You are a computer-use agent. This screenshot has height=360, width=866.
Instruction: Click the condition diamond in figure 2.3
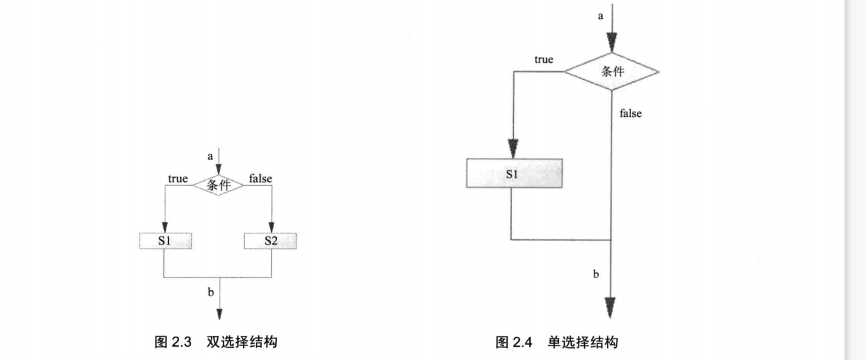click(x=218, y=185)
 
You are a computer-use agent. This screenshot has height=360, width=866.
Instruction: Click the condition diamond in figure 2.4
click(x=612, y=71)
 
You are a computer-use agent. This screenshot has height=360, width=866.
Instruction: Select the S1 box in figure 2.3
click(x=165, y=241)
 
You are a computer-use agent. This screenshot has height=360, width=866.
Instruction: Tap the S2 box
click(x=270, y=241)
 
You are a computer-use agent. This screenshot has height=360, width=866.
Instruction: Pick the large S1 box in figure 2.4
click(x=513, y=173)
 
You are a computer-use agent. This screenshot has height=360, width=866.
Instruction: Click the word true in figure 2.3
click(x=178, y=179)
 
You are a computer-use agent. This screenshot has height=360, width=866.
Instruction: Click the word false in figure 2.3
click(x=260, y=179)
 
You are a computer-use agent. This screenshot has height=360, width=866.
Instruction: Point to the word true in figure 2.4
click(x=543, y=59)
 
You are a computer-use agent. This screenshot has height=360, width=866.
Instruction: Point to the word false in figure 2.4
click(x=631, y=113)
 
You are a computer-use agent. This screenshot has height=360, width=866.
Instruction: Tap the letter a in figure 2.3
click(x=210, y=156)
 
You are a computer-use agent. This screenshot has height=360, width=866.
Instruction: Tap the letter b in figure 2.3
click(x=210, y=292)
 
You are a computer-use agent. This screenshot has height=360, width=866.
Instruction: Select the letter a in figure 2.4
click(x=601, y=16)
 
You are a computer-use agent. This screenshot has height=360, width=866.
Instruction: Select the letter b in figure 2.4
click(x=596, y=274)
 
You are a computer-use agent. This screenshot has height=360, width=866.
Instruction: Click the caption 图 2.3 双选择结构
click(x=216, y=342)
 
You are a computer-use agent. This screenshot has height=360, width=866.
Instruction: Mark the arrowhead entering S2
click(x=272, y=228)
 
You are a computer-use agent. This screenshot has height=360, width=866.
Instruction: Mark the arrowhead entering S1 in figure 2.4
click(x=513, y=148)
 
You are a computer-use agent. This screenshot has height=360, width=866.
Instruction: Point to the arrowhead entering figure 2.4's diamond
click(x=612, y=43)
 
